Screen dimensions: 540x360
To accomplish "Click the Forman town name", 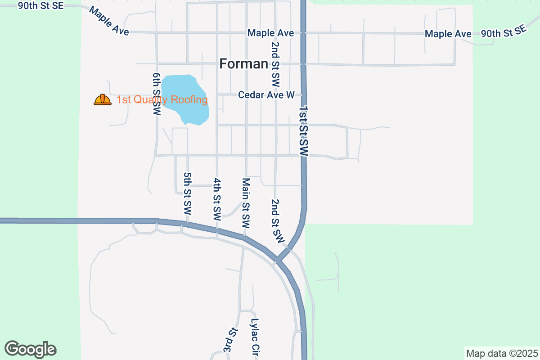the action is click(x=244, y=64).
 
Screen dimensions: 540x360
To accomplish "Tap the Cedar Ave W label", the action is click(x=266, y=95).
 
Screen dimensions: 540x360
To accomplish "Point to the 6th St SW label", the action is click(x=157, y=94).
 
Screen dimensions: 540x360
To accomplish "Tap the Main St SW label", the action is click(x=246, y=202).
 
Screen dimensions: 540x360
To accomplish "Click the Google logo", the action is click(x=30, y=349).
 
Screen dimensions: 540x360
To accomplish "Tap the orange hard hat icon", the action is click(x=103, y=99).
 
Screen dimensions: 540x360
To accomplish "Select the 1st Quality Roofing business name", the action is click(x=162, y=99).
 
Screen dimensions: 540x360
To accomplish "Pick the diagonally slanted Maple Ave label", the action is click(x=109, y=21).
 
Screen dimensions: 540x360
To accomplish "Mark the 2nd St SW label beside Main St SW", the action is click(x=278, y=221).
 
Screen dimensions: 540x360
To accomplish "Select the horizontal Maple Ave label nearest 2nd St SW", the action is click(x=270, y=33).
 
